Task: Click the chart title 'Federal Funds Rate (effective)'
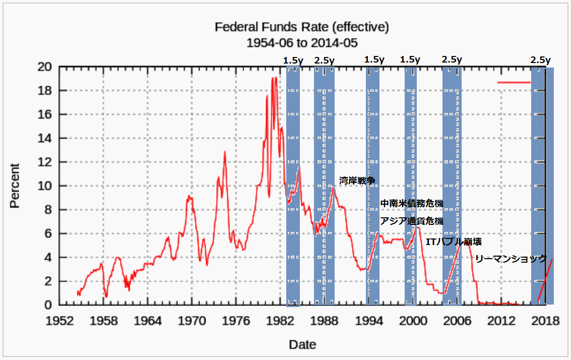click(x=302, y=27)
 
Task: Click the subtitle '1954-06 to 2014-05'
click(x=302, y=42)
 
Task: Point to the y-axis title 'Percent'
click(x=15, y=186)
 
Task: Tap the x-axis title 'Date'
click(x=302, y=345)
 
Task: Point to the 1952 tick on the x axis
click(x=59, y=321)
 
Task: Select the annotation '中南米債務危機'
click(x=411, y=204)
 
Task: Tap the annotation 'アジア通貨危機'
click(x=411, y=221)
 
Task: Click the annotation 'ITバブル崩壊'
click(x=454, y=243)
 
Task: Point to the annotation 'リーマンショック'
click(x=511, y=259)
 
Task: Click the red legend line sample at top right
click(x=514, y=82)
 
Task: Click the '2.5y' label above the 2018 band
click(x=540, y=60)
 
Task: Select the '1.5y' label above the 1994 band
click(x=374, y=60)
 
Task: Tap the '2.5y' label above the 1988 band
click(x=324, y=60)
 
